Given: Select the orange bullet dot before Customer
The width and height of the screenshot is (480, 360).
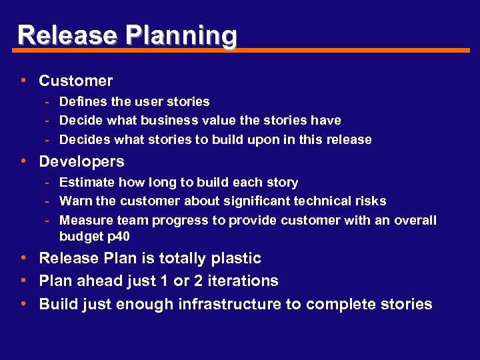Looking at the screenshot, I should tap(23, 81).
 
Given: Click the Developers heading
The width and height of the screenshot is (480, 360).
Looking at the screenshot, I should tap(81, 161).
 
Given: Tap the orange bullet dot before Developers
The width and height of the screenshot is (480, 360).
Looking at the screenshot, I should tap(23, 161).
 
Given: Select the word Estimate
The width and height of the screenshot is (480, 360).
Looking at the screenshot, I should tap(85, 182).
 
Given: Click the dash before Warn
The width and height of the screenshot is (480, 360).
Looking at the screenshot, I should tap(48, 201).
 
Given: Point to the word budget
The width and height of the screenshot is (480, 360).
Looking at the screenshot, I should tap(79, 237).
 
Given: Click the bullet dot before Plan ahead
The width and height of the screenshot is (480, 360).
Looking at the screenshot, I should tap(23, 281).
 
